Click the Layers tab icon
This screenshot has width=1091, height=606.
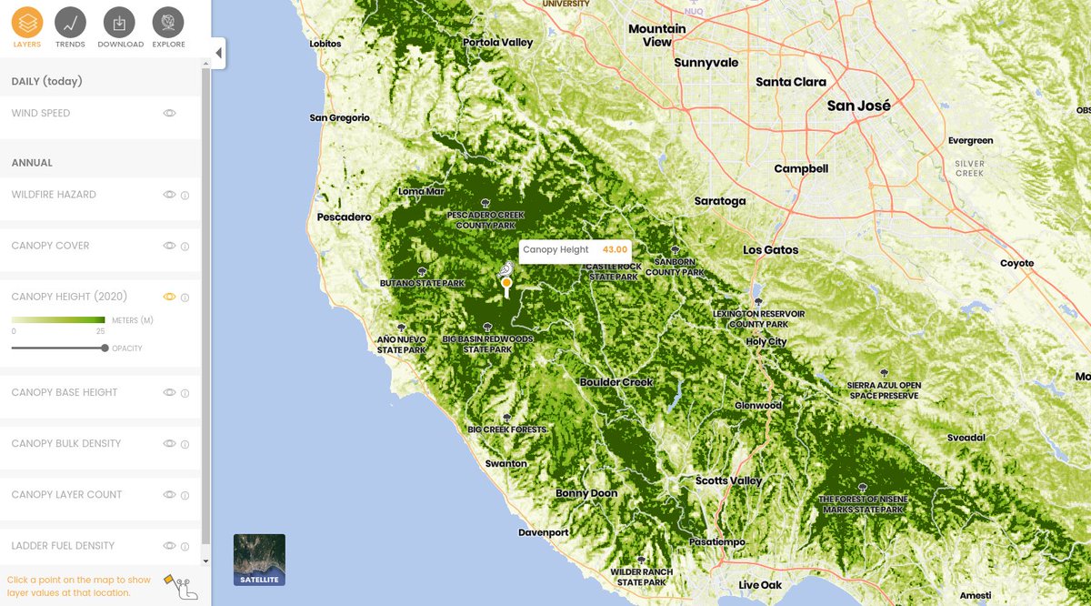27,22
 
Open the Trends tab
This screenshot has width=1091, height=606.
70,22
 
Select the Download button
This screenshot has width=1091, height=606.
120,22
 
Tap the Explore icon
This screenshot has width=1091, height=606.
168,22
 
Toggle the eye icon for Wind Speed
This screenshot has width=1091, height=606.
169,114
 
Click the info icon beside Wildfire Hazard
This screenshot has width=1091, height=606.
185,195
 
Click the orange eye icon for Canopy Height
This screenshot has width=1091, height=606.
169,297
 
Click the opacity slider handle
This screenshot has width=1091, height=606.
105,348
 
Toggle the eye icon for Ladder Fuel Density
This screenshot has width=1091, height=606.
169,546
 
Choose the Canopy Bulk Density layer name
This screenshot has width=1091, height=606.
65,444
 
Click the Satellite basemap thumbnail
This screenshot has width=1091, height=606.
259,559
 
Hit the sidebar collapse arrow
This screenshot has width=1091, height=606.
218,53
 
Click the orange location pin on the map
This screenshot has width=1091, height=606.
506,283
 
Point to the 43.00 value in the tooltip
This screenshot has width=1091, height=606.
615,250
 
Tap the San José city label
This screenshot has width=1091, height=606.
858,106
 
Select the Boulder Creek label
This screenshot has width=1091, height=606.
616,382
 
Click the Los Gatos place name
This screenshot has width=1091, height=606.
770,250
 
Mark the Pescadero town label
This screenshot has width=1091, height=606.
344,217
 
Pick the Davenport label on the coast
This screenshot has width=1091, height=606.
544,532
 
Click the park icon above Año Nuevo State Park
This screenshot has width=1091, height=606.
401,328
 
